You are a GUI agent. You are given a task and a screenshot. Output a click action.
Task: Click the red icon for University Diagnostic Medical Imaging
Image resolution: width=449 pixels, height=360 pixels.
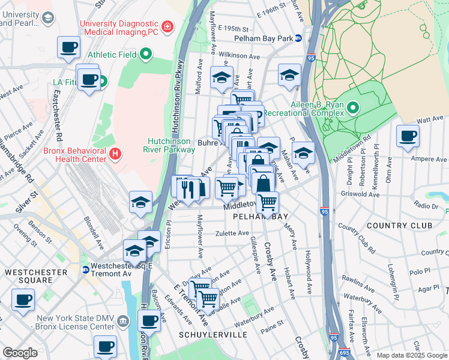[x=166, y=26]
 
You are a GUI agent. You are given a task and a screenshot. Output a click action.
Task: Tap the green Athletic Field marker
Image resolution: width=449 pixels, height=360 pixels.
[x=146, y=55]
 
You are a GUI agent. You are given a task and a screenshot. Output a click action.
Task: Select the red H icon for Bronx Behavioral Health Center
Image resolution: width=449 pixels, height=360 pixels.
[x=115, y=154]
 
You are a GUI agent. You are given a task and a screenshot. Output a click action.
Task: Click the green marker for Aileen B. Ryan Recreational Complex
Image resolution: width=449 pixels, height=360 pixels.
[x=353, y=108]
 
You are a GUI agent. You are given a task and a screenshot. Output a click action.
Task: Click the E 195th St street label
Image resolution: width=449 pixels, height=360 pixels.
[x=234, y=28]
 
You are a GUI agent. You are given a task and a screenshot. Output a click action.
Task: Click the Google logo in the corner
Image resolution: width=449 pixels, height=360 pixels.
[x=20, y=353]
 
